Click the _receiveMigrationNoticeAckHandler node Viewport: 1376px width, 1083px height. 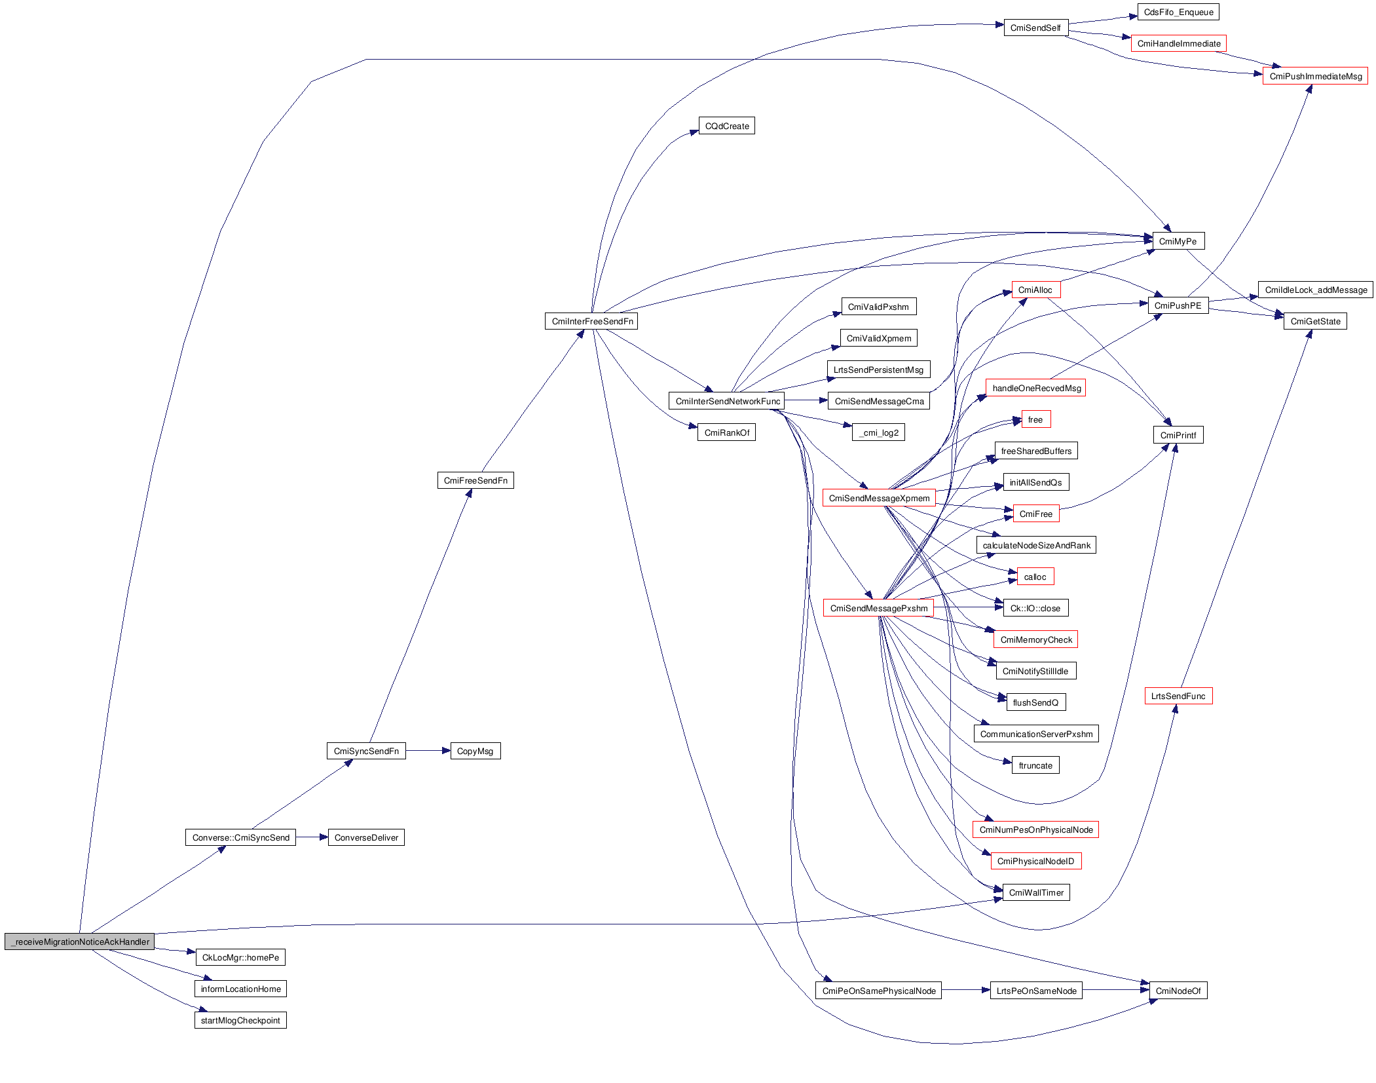tap(80, 941)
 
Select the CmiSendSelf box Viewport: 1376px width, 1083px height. tap(1035, 28)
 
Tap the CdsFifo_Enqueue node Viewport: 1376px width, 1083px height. tap(1178, 12)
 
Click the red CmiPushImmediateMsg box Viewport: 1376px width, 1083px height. tap(1315, 76)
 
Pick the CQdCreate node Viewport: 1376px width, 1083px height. tap(726, 126)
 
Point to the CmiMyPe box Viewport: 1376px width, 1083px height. tap(1178, 241)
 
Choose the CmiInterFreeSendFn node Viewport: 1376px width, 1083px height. tap(591, 321)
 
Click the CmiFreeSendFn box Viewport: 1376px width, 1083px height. tap(475, 480)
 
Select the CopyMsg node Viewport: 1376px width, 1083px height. tap(475, 751)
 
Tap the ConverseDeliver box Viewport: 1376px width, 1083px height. tap(366, 837)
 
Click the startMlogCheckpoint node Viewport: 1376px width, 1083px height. tap(240, 1020)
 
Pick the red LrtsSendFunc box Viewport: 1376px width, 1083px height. tap(1178, 696)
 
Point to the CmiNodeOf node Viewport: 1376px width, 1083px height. tap(1178, 991)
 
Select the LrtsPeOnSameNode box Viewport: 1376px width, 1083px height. tap(1036, 991)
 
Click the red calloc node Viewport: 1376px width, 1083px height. tap(1035, 577)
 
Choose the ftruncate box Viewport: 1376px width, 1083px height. tap(1035, 765)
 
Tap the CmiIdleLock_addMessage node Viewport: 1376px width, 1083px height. tap(1315, 290)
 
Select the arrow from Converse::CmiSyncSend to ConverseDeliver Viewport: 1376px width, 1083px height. tap(312, 837)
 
